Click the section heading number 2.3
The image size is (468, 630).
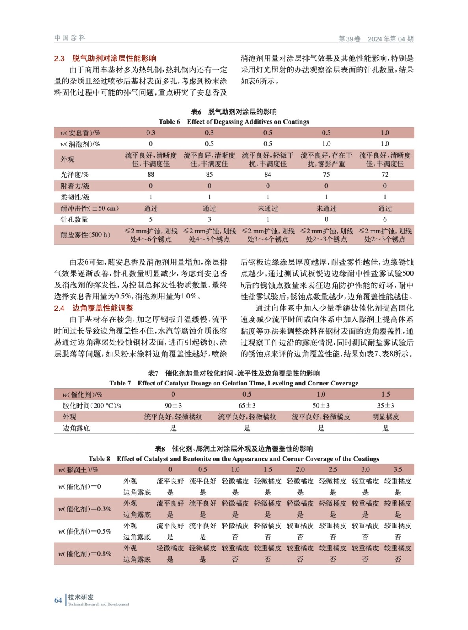coord(59,59)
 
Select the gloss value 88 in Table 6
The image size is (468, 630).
coord(151,174)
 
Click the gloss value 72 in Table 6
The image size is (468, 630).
coord(384,174)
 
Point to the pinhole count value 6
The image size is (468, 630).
coord(384,219)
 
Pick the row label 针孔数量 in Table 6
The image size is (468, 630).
coord(74,219)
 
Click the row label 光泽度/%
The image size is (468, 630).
coord(75,174)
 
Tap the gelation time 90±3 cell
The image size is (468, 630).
coord(173,406)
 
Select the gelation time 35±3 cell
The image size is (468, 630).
coord(385,406)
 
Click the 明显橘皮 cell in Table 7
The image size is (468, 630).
coord(385,417)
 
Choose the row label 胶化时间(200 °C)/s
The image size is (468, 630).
coord(91,406)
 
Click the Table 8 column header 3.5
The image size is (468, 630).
coord(397,469)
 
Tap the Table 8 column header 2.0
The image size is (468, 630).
coord(300,469)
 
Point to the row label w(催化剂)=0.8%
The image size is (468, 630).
coord(84,554)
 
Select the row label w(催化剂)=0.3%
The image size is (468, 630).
coord(84,509)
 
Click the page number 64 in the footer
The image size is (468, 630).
coord(58,600)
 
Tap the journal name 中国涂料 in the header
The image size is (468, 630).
coord(70,38)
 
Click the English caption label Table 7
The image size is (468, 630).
coord(120,383)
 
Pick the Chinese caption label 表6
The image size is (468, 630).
coord(196,112)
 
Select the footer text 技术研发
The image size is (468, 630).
coord(81,597)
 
